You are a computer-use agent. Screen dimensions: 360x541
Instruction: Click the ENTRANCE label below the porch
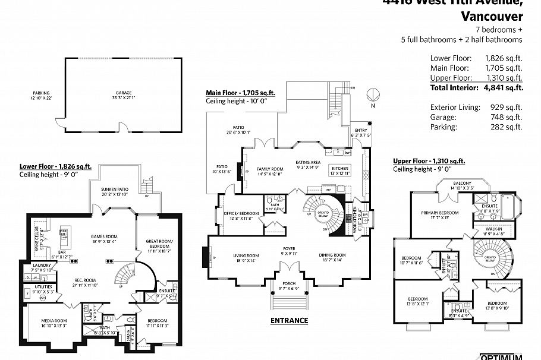[290, 321]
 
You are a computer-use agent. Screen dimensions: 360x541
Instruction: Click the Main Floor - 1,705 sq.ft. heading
[240, 93]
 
